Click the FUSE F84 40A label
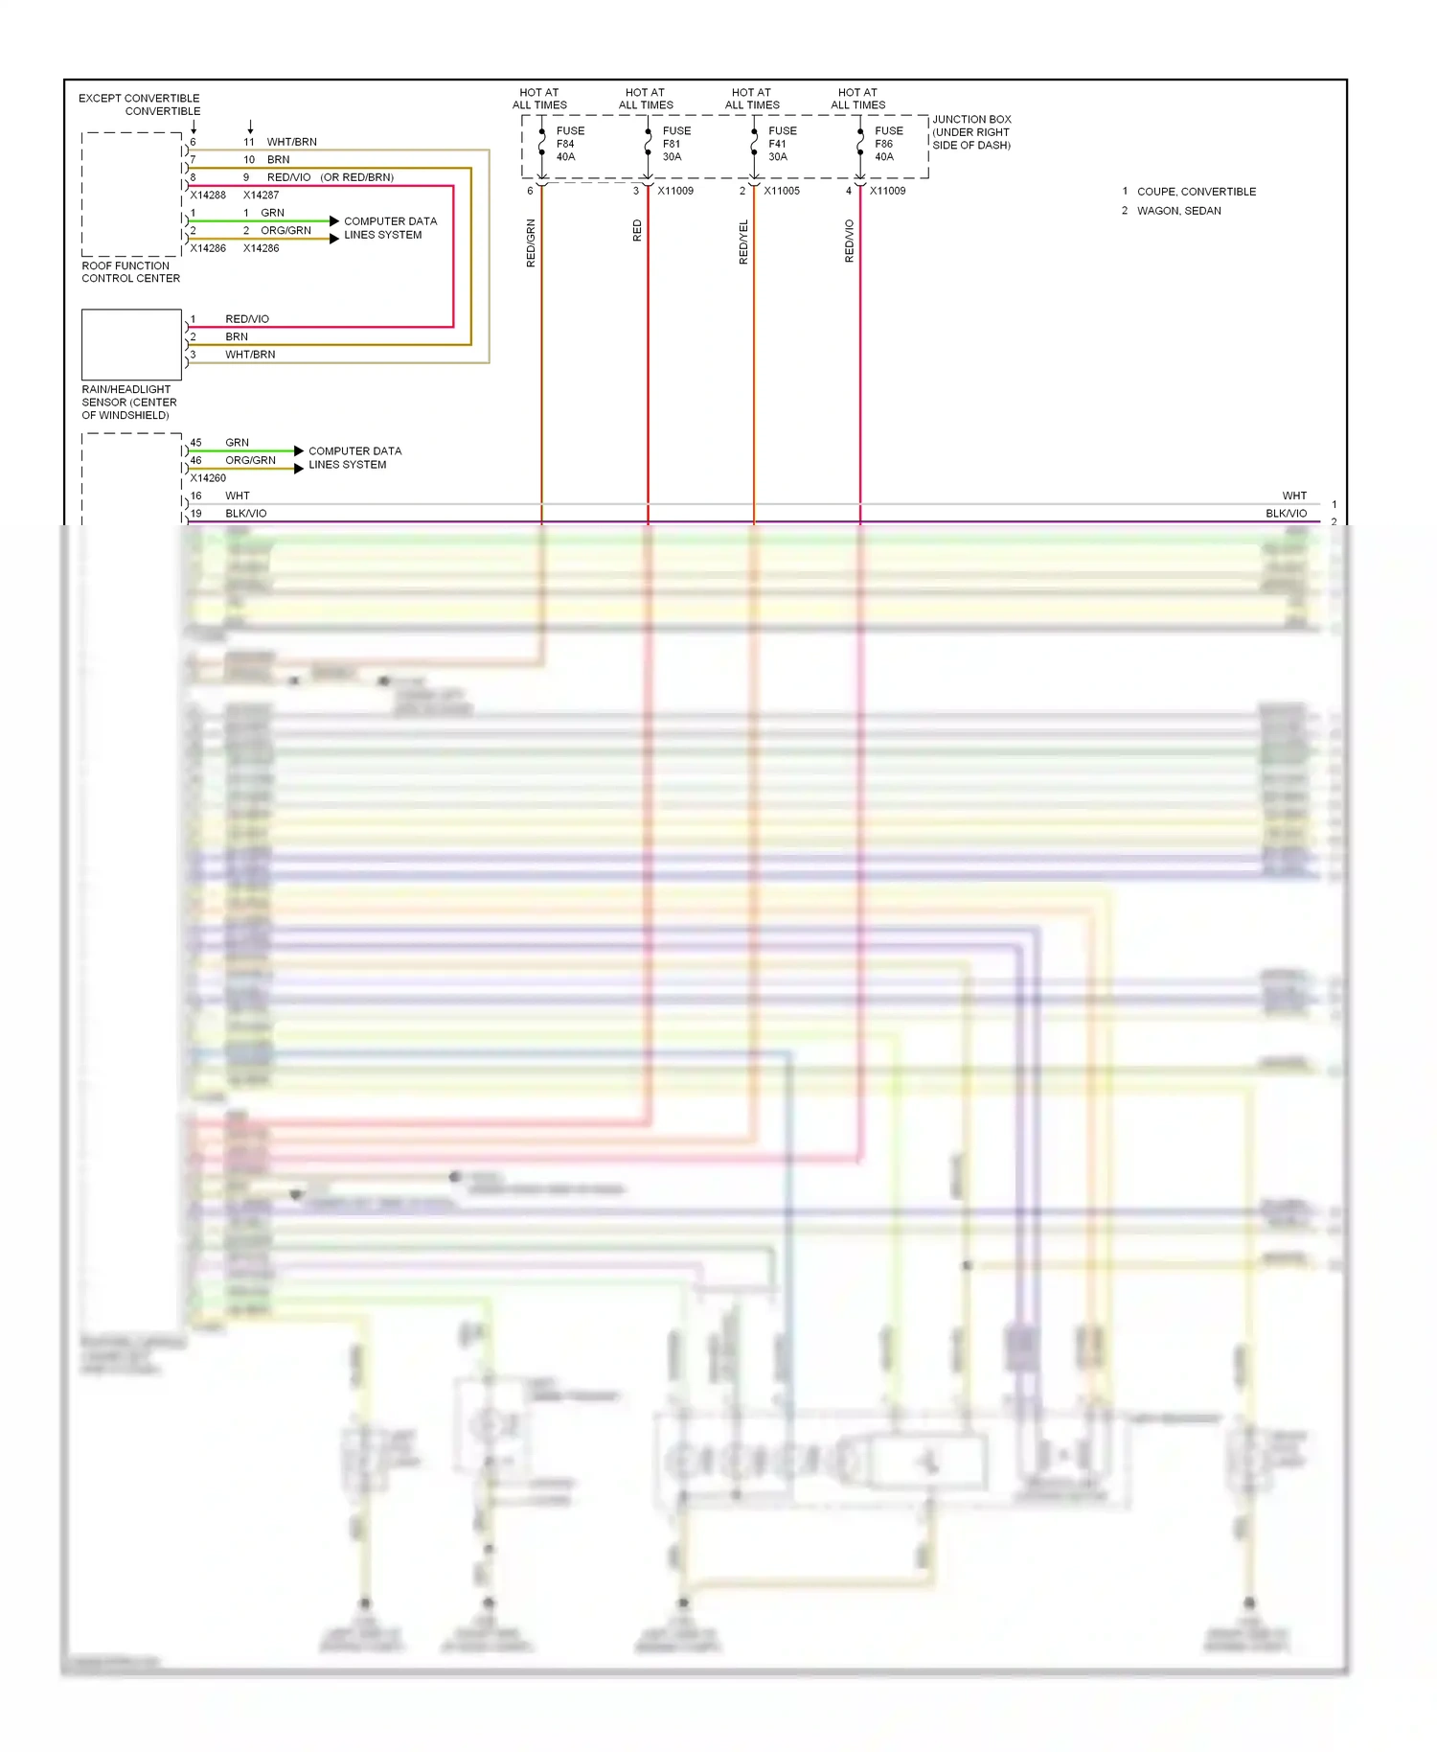[569, 144]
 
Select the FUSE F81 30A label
[675, 144]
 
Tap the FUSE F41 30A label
[782, 144]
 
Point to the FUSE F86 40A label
[888, 144]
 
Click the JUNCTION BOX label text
[971, 132]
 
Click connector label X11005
[781, 191]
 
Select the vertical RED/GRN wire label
[531, 242]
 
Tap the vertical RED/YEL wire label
[743, 242]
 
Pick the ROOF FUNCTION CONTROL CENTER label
[130, 272]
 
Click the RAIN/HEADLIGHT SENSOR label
[128, 403]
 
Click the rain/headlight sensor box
[131, 344]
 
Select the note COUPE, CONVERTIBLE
[1196, 192]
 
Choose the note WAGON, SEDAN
[1178, 211]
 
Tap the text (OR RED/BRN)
[356, 177]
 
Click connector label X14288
[208, 196]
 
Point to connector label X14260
[208, 478]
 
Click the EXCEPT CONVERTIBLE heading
[139, 99]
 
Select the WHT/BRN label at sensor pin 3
[250, 355]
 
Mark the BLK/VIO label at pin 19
[246, 514]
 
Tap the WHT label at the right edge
[1293, 496]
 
